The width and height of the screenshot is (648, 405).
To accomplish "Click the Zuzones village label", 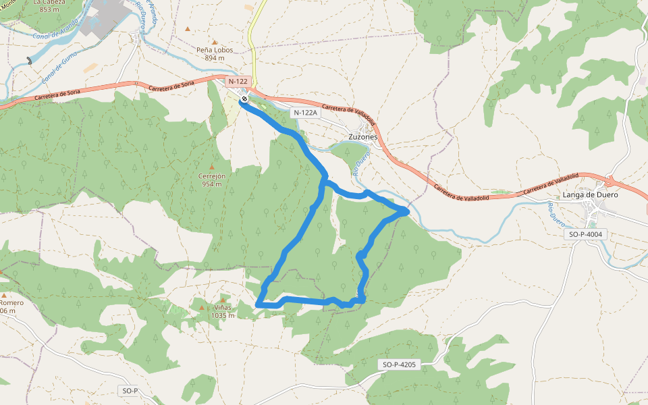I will click(x=362, y=136).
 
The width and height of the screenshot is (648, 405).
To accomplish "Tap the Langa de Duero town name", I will click(x=590, y=195).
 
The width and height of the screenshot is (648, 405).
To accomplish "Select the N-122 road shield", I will click(x=238, y=81).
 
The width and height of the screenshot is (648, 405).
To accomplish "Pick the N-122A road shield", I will click(x=305, y=113).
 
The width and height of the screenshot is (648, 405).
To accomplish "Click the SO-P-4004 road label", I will click(x=586, y=234).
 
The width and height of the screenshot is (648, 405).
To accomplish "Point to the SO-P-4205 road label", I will click(x=400, y=364).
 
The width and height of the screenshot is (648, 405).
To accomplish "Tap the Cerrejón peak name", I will click(x=211, y=176).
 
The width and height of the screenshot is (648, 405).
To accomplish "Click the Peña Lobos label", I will click(x=214, y=50).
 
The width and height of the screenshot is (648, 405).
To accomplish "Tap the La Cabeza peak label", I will click(x=49, y=2).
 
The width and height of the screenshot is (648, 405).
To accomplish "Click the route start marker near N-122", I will click(x=244, y=99).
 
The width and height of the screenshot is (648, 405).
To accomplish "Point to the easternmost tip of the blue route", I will click(x=407, y=211).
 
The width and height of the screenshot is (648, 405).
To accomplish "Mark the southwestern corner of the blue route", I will click(x=259, y=305).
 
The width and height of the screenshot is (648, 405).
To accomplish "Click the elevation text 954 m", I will click(x=211, y=184).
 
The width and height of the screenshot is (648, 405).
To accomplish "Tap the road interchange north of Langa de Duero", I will click(x=610, y=180).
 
